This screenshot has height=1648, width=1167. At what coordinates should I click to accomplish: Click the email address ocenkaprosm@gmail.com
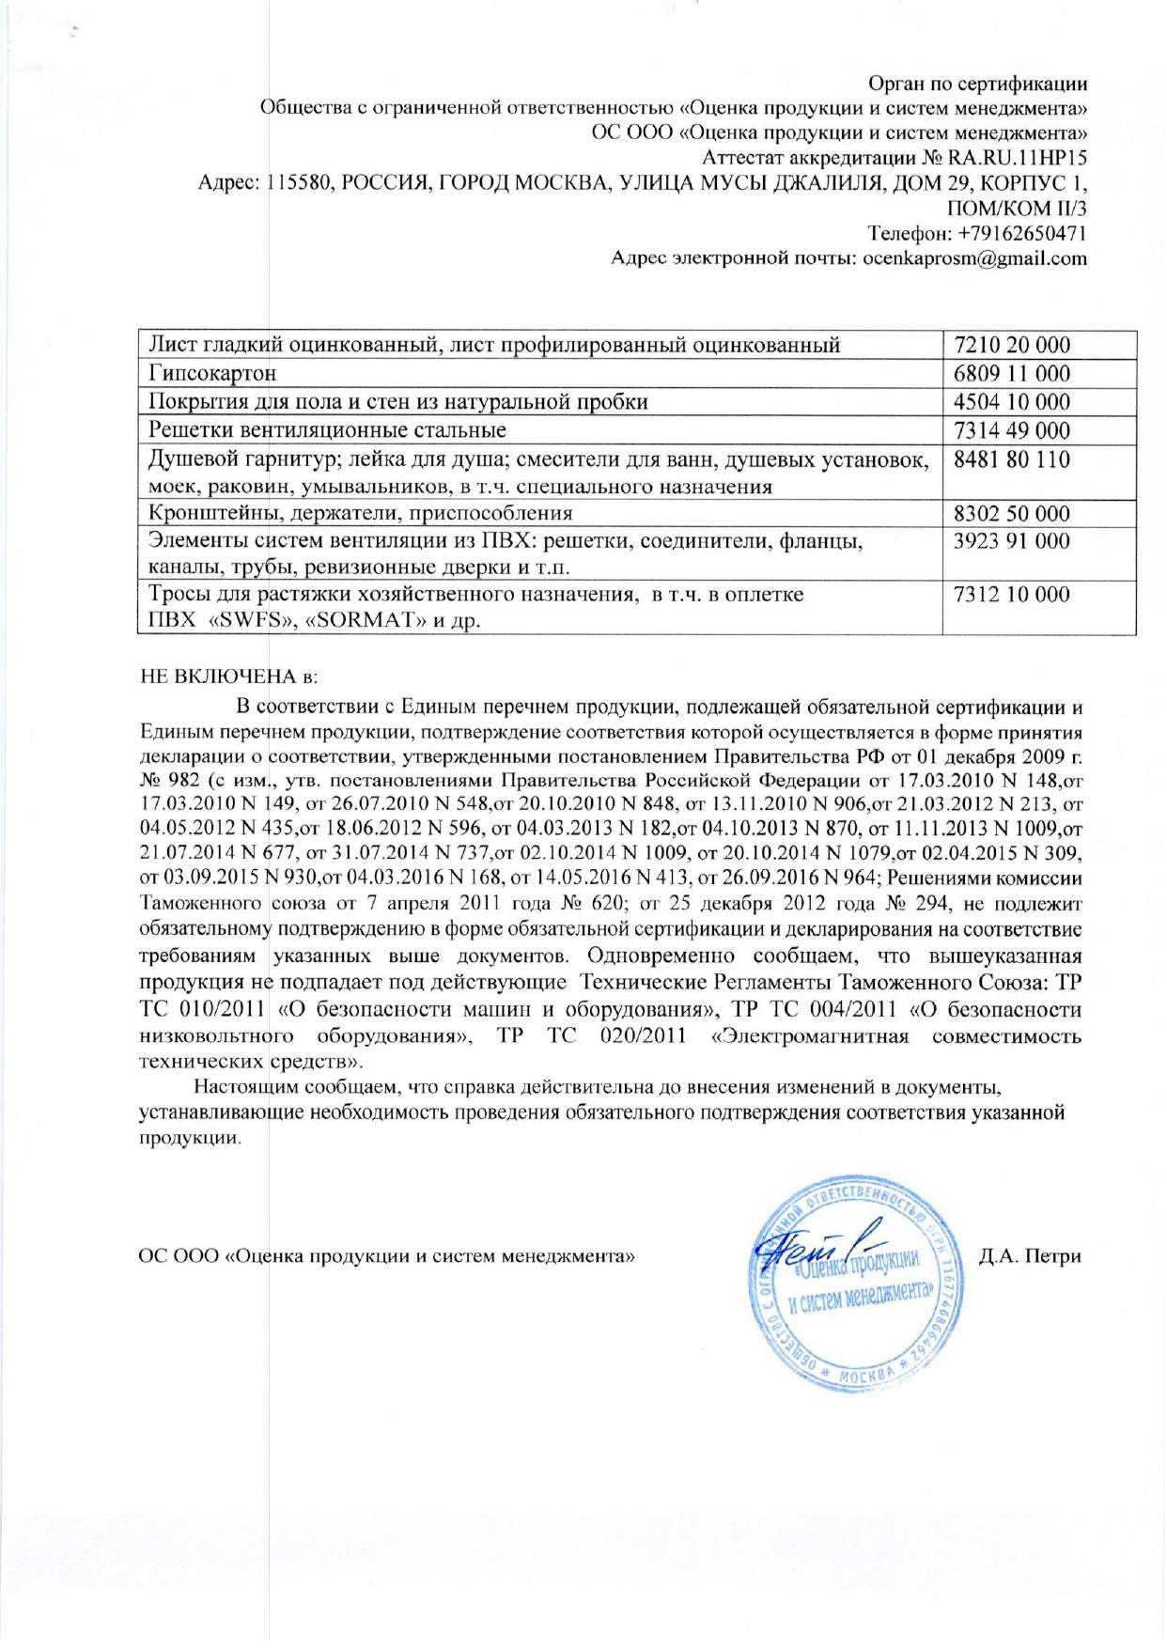(974, 258)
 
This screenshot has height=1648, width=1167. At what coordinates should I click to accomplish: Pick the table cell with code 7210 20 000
(1011, 345)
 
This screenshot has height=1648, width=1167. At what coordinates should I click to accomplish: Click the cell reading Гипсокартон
(212, 374)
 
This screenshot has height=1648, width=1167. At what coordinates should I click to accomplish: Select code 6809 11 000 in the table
(1011, 374)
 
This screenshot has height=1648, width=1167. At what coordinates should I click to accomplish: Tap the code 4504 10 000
(1011, 402)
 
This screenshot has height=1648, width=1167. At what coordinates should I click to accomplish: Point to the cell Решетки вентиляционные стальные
(328, 431)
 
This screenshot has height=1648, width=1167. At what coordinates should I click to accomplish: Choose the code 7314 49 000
(1011, 431)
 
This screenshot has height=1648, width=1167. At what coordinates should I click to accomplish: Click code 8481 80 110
(1011, 460)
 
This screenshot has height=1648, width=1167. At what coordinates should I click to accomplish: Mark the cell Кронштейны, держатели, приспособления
(361, 514)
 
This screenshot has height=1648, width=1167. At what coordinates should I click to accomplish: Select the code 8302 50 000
(1011, 514)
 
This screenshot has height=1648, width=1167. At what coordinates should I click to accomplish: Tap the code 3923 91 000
(1011, 541)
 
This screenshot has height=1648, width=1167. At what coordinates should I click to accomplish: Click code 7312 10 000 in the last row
(1011, 595)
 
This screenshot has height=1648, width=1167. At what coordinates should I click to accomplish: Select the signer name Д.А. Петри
(1030, 1256)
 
